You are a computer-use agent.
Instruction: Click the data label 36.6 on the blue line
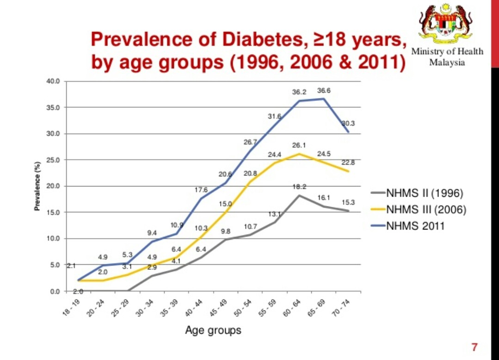pos(324,91)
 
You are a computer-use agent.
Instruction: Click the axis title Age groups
pos(213,330)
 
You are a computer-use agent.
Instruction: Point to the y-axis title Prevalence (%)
pos(37,186)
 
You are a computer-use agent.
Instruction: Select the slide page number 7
pos(474,347)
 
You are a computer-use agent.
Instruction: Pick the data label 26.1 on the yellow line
pos(299,145)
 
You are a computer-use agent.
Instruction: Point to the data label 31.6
pos(275,116)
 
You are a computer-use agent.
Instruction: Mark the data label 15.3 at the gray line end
pos(348,202)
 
